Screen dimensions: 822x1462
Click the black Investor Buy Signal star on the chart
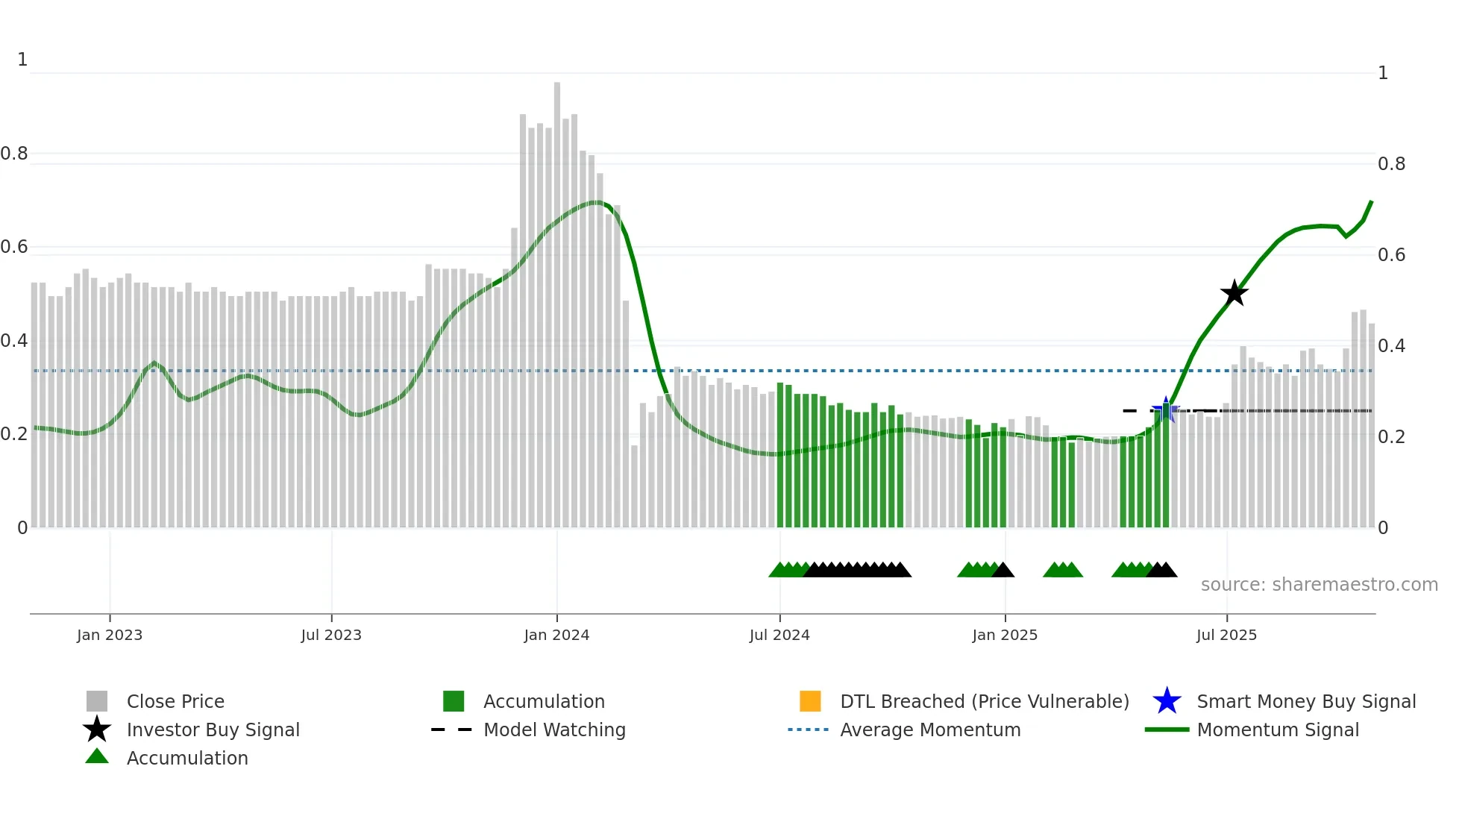coord(1234,293)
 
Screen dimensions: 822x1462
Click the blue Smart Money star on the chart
coord(1166,410)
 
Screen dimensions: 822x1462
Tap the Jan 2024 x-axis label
coord(556,635)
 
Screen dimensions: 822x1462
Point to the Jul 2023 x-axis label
coord(331,635)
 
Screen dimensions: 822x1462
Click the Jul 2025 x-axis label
coord(1226,635)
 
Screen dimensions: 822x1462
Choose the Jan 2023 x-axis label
coord(110,635)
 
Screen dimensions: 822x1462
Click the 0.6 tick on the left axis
coord(14,247)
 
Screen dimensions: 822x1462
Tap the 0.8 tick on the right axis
coord(1391,164)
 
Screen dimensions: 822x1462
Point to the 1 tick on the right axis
coord(1383,73)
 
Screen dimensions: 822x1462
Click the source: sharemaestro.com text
coord(1319,585)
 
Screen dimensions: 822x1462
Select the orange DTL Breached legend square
coord(810,701)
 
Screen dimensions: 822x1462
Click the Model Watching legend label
coord(554,730)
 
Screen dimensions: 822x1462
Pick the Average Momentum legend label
coord(930,730)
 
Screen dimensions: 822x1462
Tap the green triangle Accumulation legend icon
coord(97,756)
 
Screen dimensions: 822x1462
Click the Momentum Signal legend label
coord(1278,730)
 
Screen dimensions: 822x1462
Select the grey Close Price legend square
coord(97,701)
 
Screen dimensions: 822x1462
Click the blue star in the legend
coord(1167,701)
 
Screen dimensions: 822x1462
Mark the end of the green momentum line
coord(1371,202)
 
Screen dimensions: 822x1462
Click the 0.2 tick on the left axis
coord(14,434)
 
